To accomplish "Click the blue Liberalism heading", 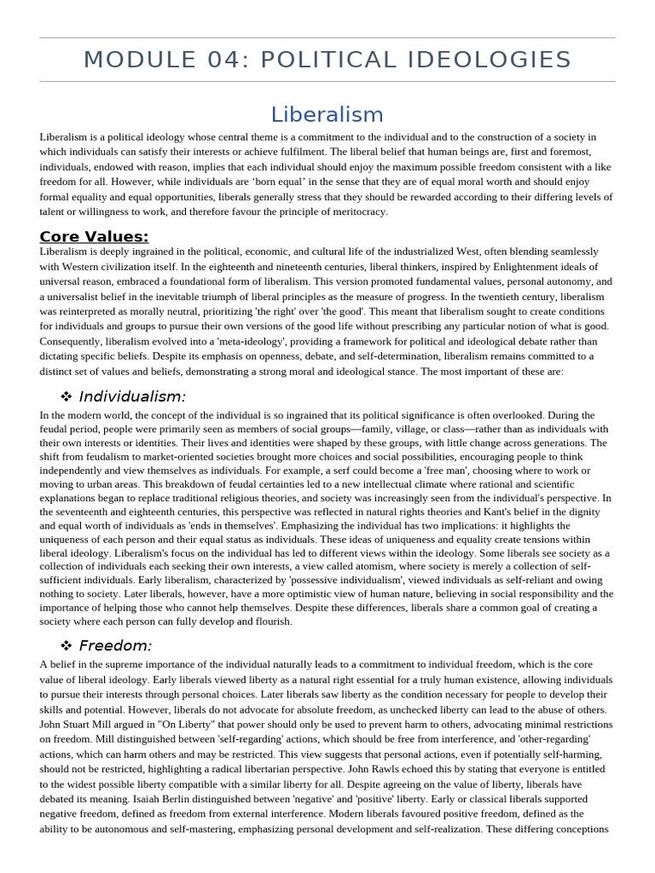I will point(327,114).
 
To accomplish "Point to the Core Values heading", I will point(94,236).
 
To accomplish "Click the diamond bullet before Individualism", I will point(66,396).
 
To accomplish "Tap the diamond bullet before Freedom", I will point(66,645).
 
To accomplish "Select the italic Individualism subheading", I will point(132,396).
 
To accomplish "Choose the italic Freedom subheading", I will point(115,645).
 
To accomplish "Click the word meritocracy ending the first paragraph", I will point(357,211).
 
